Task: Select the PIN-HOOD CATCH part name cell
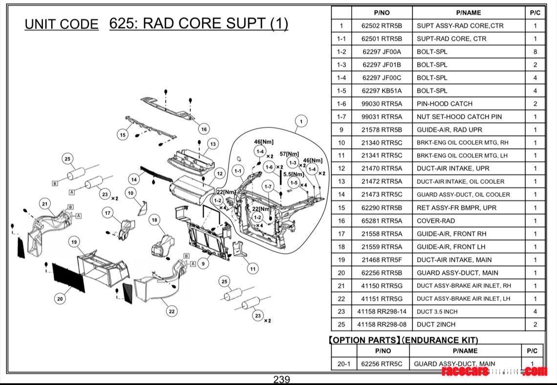444,104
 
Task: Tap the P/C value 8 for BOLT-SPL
535,52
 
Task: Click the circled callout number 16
204,129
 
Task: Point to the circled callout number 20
60,299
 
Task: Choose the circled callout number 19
74,242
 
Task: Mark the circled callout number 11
252,269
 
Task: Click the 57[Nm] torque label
289,154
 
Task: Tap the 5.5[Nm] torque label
294,174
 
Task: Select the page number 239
281,380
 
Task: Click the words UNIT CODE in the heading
62,24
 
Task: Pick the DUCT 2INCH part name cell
436,324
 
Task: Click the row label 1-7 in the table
341,117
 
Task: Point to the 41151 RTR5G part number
382,299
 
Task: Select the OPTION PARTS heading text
404,340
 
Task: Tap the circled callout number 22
171,311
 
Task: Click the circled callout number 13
213,144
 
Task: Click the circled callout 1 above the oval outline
301,122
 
